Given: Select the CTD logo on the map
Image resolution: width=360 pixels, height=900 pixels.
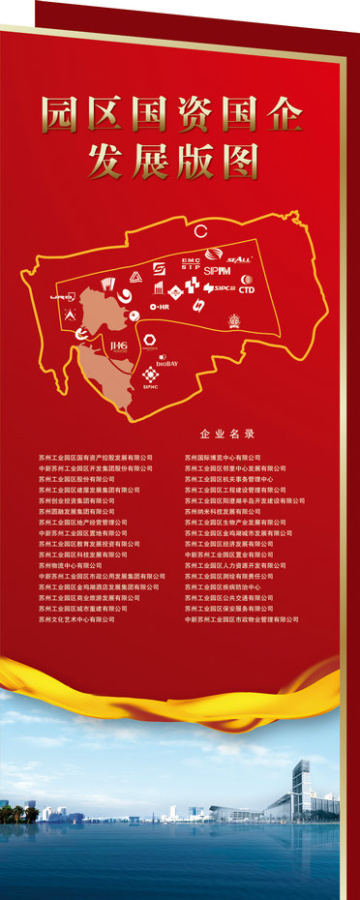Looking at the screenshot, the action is click(x=247, y=287).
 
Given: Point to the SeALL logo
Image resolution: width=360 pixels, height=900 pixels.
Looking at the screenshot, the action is click(x=239, y=258).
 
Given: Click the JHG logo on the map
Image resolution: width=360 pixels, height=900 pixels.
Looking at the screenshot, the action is click(x=119, y=345).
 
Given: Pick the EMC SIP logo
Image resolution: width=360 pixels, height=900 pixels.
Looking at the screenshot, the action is click(x=190, y=264).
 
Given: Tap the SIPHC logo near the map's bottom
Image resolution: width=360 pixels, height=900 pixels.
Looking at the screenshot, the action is click(x=150, y=377).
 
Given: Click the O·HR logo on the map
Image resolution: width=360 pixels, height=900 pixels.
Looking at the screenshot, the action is click(x=160, y=307).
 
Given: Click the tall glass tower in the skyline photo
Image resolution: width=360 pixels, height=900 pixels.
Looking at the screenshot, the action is click(x=301, y=787).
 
